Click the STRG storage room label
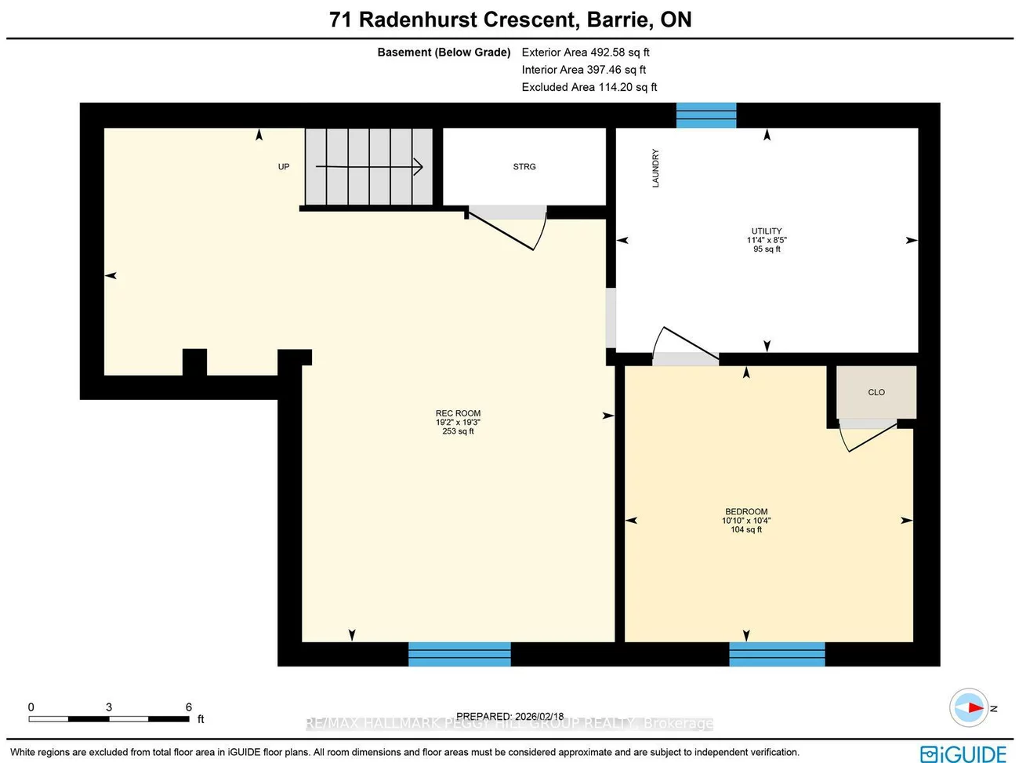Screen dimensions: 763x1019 point(524,166)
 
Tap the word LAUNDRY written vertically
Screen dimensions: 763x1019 point(655,168)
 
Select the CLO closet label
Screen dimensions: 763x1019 point(876,392)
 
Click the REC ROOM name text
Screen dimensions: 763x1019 point(458,413)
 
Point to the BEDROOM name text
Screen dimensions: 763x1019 point(746,511)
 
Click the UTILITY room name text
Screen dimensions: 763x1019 point(767,231)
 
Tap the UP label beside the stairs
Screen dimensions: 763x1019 point(284,166)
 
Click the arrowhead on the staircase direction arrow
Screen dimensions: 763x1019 point(418,166)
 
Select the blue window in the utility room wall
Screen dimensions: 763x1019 point(706,115)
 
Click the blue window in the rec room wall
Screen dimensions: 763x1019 point(459,654)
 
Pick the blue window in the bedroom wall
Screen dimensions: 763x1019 point(777,654)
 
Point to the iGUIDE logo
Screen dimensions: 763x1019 point(963,753)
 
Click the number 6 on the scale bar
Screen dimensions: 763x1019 point(188,707)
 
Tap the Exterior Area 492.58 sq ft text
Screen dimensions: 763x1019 point(586,53)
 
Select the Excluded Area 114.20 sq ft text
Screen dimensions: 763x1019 point(589,87)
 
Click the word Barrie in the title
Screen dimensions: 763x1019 point(618,20)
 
